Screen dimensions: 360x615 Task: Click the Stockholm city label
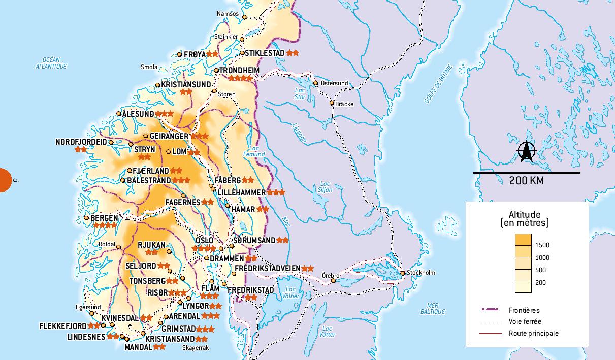(x=422, y=273)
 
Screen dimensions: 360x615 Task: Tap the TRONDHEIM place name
(x=240, y=70)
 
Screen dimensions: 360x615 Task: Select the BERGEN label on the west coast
(x=104, y=218)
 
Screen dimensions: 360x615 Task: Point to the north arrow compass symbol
(x=527, y=152)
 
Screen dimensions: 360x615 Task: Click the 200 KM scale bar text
(x=526, y=181)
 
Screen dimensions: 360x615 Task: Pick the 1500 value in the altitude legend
(x=542, y=245)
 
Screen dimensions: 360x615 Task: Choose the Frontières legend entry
(x=524, y=310)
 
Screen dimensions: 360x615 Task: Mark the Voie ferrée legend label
(x=525, y=321)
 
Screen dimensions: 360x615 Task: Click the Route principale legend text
(x=533, y=333)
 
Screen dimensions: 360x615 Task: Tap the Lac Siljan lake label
(x=326, y=187)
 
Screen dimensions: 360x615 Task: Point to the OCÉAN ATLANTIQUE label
(x=51, y=63)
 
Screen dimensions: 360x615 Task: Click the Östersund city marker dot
(x=316, y=83)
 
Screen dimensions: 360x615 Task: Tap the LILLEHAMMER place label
(x=241, y=193)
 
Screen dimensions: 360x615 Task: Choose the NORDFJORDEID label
(x=81, y=142)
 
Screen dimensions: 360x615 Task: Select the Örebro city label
(x=331, y=275)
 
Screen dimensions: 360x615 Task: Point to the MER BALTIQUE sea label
(x=433, y=308)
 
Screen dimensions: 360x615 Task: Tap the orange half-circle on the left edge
(x=5, y=180)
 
